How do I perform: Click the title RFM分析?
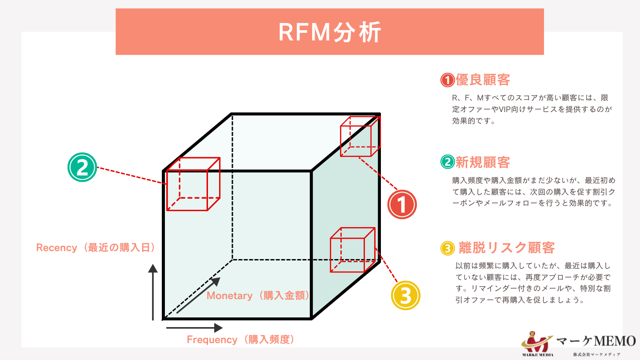coord(329,32)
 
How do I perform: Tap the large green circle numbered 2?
coord(82,168)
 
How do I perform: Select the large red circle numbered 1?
coord(402,204)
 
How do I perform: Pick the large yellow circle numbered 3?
coord(405,295)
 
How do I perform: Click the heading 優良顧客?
coord(483,80)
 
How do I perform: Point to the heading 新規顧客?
coord(483,162)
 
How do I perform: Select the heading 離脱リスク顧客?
coord(507,247)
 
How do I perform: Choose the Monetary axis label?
coord(258,296)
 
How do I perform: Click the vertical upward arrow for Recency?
coord(153,292)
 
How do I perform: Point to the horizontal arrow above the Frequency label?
coord(194,328)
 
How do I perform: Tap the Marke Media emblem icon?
coord(537,342)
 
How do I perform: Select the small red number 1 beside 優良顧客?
coord(447,80)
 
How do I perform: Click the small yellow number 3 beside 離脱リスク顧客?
coord(447,248)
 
